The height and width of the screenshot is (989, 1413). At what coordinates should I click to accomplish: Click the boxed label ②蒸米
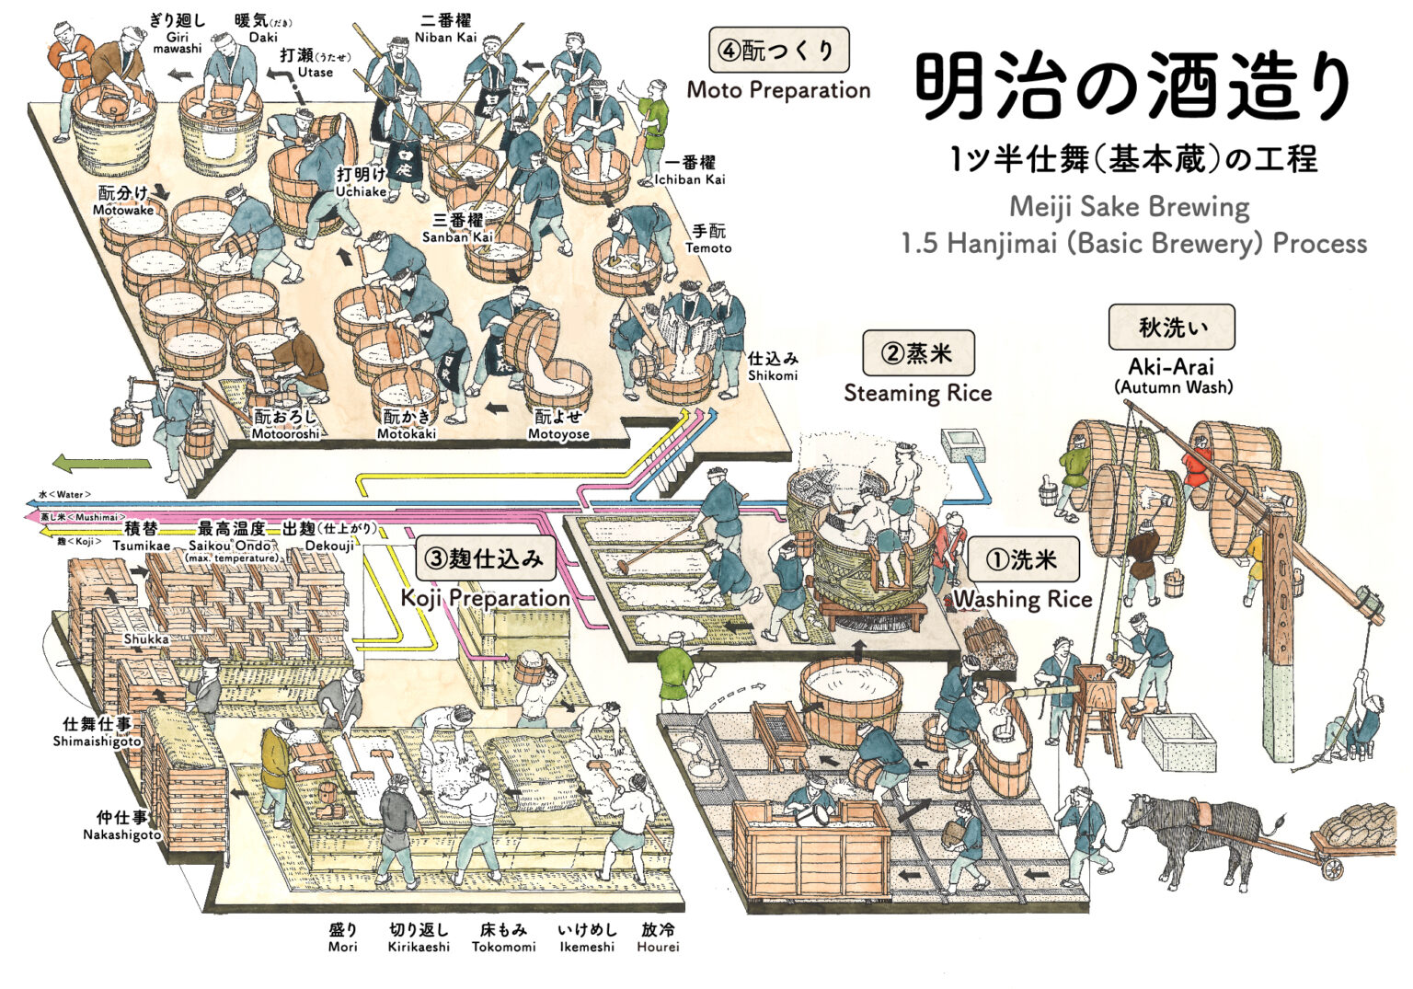pyautogui.click(x=917, y=353)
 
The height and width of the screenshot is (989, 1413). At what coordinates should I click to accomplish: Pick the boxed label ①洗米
pyautogui.click(x=1021, y=558)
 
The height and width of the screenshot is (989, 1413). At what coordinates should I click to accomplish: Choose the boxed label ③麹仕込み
pyautogui.click(x=485, y=558)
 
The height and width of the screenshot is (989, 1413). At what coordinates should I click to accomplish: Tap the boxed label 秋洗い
pyautogui.click(x=1172, y=328)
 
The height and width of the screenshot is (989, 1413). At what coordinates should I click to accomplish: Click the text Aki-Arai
pyautogui.click(x=1171, y=366)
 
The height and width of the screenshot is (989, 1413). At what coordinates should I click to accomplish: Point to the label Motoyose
pyautogui.click(x=558, y=434)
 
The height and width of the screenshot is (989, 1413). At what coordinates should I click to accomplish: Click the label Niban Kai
pyautogui.click(x=445, y=38)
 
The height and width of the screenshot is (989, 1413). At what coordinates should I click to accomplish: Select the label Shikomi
pyautogui.click(x=773, y=375)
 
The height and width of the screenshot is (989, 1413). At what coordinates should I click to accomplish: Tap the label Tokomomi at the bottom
pyautogui.click(x=503, y=947)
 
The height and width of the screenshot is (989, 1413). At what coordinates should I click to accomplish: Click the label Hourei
pyautogui.click(x=658, y=947)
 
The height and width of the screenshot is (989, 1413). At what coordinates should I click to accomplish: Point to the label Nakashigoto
pyautogui.click(x=121, y=834)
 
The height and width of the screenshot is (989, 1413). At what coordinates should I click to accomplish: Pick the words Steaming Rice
pyautogui.click(x=917, y=394)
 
